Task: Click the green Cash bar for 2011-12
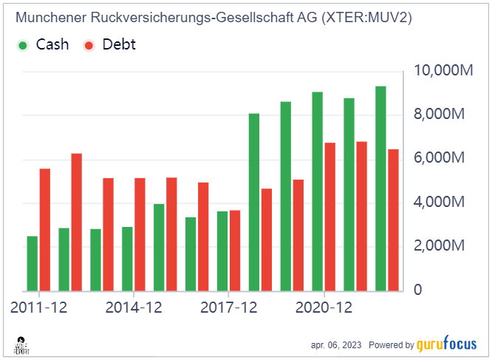pos(33,263)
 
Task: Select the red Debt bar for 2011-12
pos(45,229)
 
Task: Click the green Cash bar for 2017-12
pos(222,251)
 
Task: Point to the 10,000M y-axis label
pos(443,71)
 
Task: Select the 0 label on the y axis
pos(417,290)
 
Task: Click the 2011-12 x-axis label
pos(39,307)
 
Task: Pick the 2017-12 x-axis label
pos(229,307)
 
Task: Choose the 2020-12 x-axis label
pos(324,307)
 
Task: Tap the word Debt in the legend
pos(119,44)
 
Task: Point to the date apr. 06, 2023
pos(336,345)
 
